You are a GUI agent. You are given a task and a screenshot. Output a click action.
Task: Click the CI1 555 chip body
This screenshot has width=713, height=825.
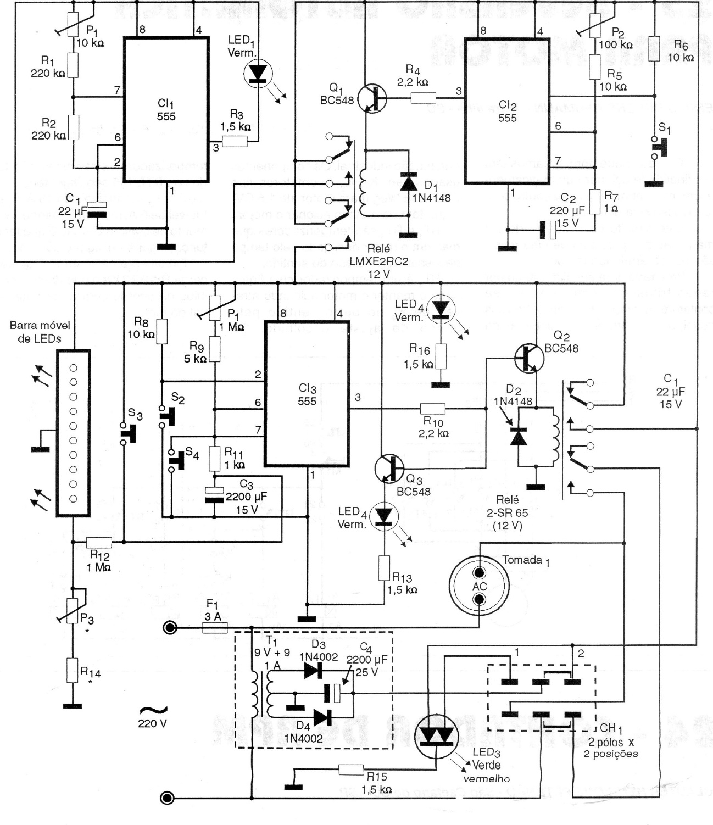[x=166, y=109]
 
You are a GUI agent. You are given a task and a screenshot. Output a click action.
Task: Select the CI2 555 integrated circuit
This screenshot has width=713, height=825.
[x=507, y=111]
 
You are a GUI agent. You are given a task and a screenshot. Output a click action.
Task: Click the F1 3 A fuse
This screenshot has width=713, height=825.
[x=215, y=627]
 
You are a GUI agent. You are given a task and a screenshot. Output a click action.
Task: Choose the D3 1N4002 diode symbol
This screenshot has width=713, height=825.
[x=313, y=670]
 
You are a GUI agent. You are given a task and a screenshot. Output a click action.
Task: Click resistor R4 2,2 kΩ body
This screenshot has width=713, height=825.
[x=424, y=98]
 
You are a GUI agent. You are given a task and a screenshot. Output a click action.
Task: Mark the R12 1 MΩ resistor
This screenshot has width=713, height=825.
[x=99, y=542]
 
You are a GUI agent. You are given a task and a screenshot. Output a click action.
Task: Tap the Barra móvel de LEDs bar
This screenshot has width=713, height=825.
[x=73, y=433]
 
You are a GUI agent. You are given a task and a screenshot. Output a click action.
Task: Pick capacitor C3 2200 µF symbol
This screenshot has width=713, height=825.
[x=214, y=494]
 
